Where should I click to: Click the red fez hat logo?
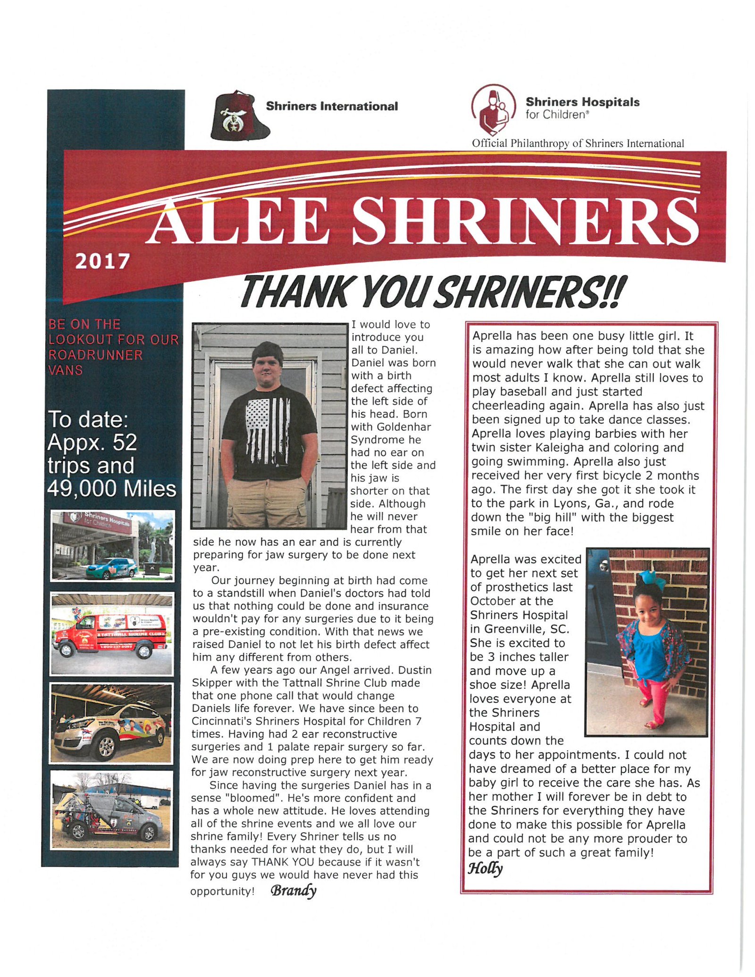click(239, 117)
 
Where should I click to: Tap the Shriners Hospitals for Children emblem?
click(493, 110)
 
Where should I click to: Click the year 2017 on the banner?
click(102, 261)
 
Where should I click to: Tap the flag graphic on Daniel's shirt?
click(268, 430)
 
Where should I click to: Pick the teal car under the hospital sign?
click(111, 568)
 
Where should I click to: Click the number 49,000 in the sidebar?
click(78, 489)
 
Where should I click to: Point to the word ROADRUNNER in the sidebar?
click(95, 355)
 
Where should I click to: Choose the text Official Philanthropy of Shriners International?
click(578, 144)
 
